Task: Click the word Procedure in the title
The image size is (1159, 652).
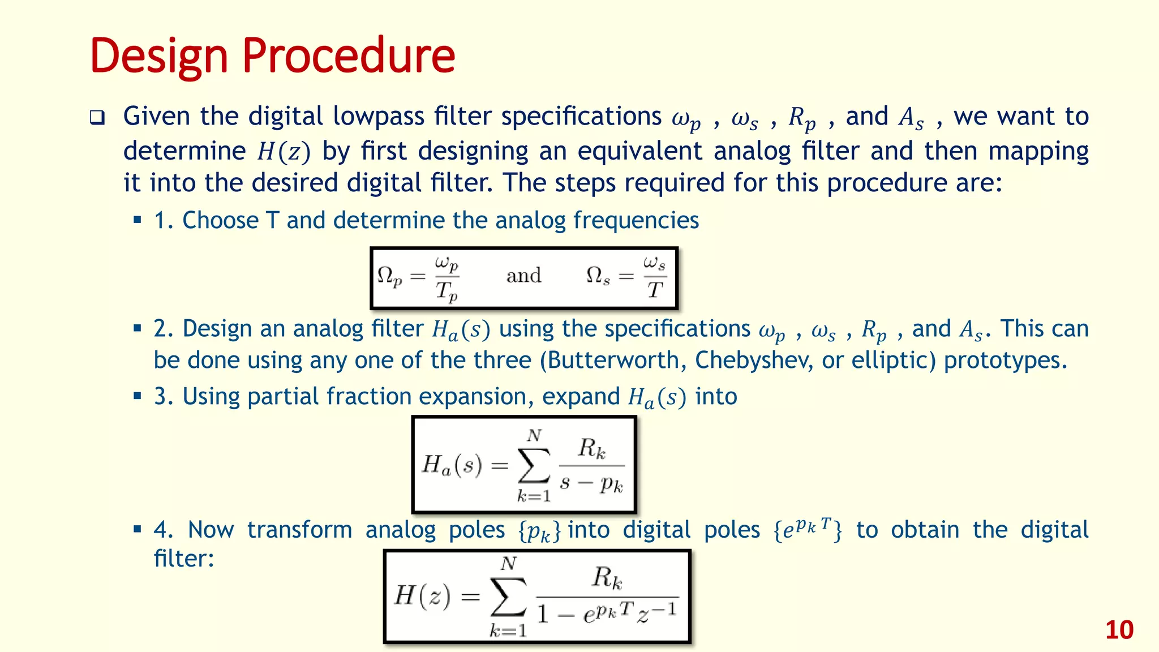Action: [x=349, y=57]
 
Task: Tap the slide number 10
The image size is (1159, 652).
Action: [x=1119, y=630]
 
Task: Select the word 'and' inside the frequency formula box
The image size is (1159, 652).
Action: [x=523, y=276]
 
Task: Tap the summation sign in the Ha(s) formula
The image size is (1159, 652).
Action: [x=534, y=466]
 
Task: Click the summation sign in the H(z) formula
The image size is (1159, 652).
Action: [x=508, y=597]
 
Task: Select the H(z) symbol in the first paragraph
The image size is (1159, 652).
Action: [x=284, y=152]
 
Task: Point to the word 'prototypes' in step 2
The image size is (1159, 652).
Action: [x=1005, y=361]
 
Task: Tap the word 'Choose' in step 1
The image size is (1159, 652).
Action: [x=220, y=220]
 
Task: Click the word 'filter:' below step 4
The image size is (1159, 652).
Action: [x=184, y=559]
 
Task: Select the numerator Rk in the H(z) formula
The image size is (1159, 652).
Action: [x=607, y=578]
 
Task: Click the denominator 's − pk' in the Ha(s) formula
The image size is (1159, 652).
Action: [x=591, y=484]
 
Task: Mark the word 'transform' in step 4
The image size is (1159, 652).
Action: [x=299, y=530]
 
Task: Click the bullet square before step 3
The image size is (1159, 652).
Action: [x=137, y=396]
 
